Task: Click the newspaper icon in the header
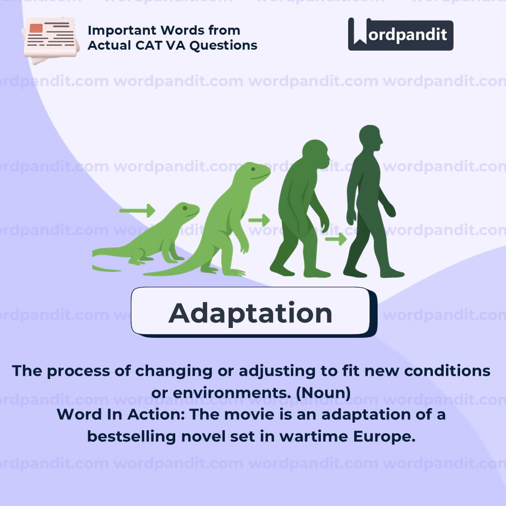pyautogui.click(x=51, y=40)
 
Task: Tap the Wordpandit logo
pyautogui.click(x=401, y=34)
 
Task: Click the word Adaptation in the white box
pyautogui.click(x=250, y=313)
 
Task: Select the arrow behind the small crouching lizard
pyautogui.click(x=137, y=211)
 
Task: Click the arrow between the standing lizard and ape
pyautogui.click(x=259, y=220)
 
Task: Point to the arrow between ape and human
pyautogui.click(x=335, y=239)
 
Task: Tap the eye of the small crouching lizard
pyautogui.click(x=185, y=208)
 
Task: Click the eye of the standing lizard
pyautogui.click(x=253, y=169)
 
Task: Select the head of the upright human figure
pyautogui.click(x=371, y=138)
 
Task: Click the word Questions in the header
pyautogui.click(x=223, y=46)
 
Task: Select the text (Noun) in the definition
pyautogui.click(x=323, y=393)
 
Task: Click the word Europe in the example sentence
pyautogui.click(x=384, y=437)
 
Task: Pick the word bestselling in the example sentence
pyautogui.click(x=132, y=437)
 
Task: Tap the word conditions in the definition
pyautogui.click(x=447, y=371)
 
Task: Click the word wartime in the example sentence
pyautogui.click(x=313, y=437)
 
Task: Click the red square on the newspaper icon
pyautogui.click(x=36, y=28)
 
